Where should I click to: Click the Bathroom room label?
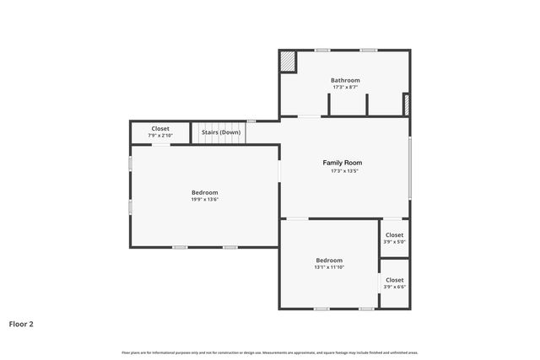click(x=345, y=80)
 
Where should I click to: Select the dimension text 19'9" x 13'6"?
click(x=204, y=199)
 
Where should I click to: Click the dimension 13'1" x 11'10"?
click(x=329, y=267)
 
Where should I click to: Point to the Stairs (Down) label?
click(x=221, y=132)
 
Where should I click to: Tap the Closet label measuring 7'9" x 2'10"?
click(x=160, y=129)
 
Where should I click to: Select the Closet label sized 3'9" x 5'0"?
click(x=394, y=235)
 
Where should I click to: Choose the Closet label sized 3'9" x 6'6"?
click(x=394, y=280)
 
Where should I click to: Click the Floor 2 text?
click(x=21, y=323)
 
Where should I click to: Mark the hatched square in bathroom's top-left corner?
click(x=288, y=62)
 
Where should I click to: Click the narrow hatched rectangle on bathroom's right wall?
click(x=407, y=105)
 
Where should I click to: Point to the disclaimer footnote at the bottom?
click(x=270, y=352)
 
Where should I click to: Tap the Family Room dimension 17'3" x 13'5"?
click(x=345, y=171)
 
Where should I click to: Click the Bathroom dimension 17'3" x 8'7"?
click(x=345, y=87)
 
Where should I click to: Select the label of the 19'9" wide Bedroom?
click(x=204, y=192)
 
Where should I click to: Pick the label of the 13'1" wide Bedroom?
click(x=329, y=261)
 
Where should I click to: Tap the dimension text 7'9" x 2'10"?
click(x=160, y=136)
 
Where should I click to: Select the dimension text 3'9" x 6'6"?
click(x=394, y=287)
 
